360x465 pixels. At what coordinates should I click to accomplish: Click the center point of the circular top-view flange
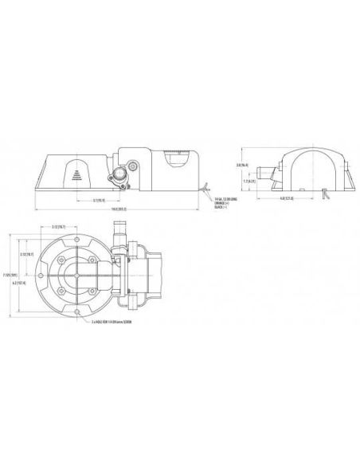point(75,275)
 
